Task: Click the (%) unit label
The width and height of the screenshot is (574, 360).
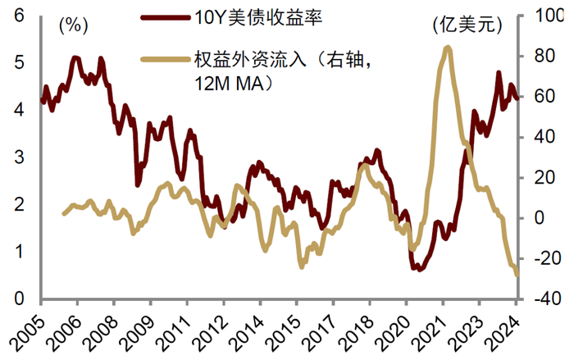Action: tap(73, 25)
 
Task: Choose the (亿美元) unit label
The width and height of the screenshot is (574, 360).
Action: tap(466, 25)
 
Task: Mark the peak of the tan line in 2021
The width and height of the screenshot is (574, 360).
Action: tap(447, 48)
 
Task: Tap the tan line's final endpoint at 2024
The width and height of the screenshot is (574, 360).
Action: tap(517, 275)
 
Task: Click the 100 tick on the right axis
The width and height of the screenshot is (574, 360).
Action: tap(544, 16)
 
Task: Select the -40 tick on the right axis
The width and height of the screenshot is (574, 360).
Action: tap(544, 299)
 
